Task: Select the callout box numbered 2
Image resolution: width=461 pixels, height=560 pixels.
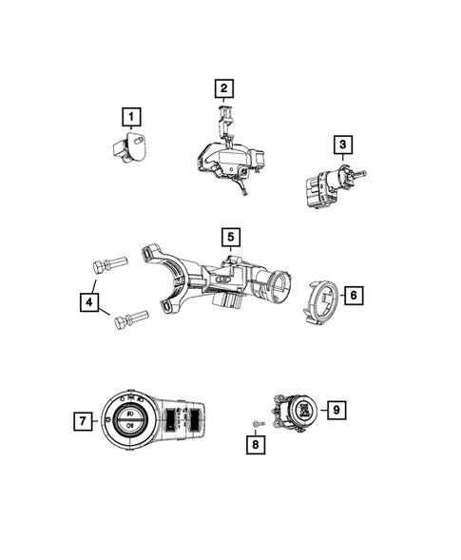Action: (222, 90)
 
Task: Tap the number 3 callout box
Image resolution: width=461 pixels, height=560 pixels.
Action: (342, 145)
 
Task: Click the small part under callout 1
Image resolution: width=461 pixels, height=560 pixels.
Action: (131, 146)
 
